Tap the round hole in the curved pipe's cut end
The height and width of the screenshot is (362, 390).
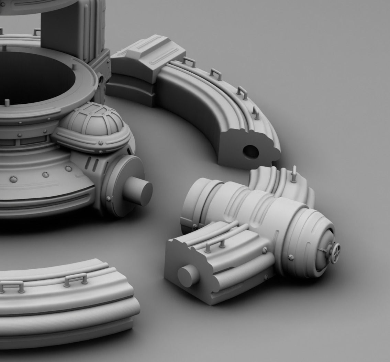click(x=251, y=152)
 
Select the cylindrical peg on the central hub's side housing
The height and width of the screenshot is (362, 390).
click(x=138, y=192)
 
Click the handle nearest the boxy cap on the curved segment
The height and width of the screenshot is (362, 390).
click(x=189, y=62)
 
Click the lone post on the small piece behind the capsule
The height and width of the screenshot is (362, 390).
click(x=294, y=174)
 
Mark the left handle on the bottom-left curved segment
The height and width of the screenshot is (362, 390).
click(x=12, y=286)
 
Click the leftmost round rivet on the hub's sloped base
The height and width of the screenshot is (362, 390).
click(x=13, y=179)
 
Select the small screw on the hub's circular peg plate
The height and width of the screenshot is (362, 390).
click(x=109, y=199)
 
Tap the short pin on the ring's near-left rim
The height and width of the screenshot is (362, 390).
click(x=7, y=102)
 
